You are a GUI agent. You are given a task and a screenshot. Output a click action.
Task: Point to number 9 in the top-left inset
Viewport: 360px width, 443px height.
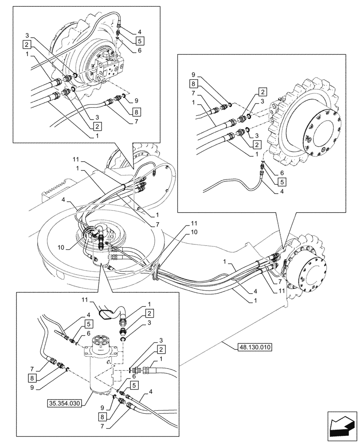coord(137,101)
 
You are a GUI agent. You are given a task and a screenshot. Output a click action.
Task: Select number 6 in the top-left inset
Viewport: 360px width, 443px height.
coord(139,51)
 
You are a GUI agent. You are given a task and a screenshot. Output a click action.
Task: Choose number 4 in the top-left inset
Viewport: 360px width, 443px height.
coord(139,31)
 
